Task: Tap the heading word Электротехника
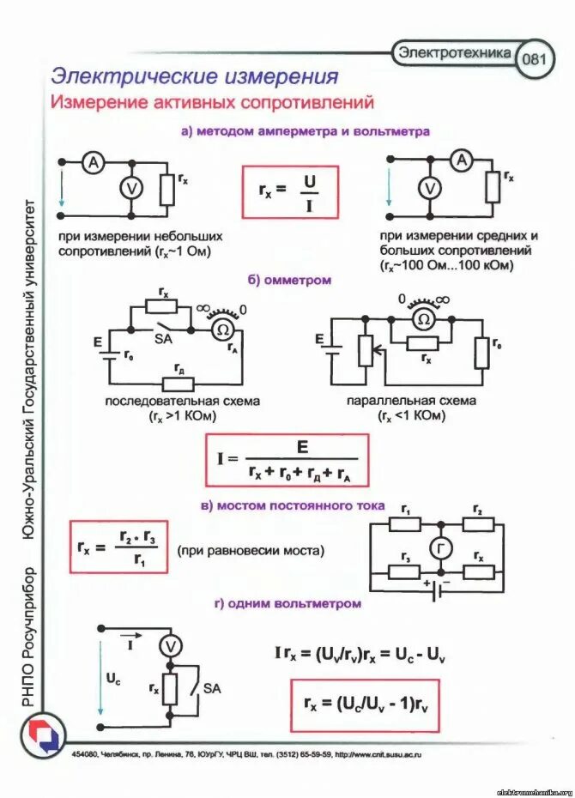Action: [453, 52]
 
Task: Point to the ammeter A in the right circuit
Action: [463, 160]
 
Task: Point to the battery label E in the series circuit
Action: [98, 342]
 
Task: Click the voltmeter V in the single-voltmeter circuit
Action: [172, 646]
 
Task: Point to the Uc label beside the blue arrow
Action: [113, 677]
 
